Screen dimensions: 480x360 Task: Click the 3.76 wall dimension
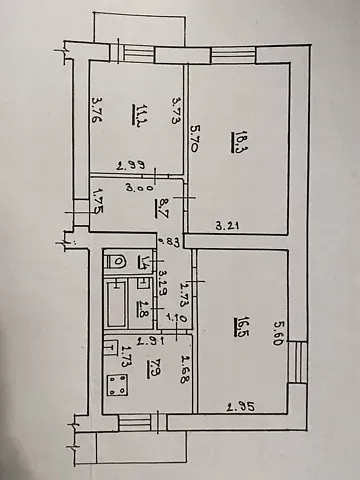pyautogui.click(x=97, y=108)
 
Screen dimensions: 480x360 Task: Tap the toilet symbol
pyautogui.click(x=117, y=261)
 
